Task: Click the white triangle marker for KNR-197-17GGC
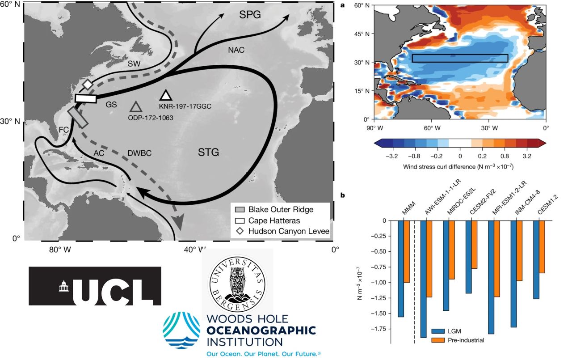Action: click(x=166, y=95)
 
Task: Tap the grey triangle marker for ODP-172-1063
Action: click(x=136, y=107)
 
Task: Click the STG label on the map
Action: click(x=208, y=153)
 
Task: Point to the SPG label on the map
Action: click(x=250, y=15)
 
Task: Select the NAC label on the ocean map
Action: click(x=236, y=50)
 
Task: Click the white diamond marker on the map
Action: click(x=88, y=84)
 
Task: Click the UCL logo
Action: click(x=95, y=286)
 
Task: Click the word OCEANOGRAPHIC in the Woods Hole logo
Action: click(x=261, y=331)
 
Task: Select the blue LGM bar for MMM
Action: click(x=401, y=268)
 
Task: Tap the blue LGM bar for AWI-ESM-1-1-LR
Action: click(x=423, y=279)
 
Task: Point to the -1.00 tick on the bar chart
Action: click(x=380, y=283)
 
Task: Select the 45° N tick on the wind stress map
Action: click(x=363, y=34)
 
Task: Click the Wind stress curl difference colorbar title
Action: click(x=460, y=167)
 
